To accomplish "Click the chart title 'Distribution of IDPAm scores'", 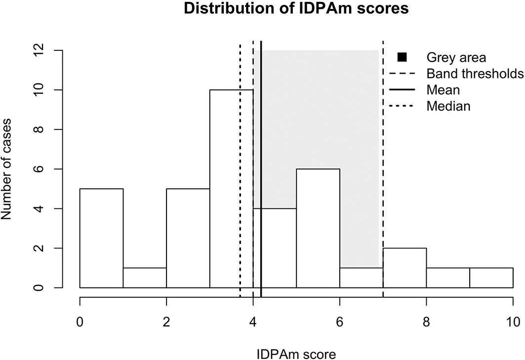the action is coord(296,8).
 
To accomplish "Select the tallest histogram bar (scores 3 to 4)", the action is coord(231,189).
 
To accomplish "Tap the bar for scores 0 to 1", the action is coord(101,238).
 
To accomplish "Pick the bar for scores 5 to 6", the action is coord(318,228).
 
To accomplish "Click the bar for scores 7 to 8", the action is coord(404,268).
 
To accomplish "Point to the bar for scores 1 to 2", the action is coord(145,278).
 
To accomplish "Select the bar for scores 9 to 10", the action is coord(491,278).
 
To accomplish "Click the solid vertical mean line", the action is coord(261,169).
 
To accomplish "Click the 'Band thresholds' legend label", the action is coord(475,74).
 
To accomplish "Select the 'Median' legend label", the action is coord(448,106).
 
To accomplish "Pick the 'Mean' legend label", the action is coord(443,90).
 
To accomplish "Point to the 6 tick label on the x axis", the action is coord(339,322).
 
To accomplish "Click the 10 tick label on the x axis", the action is coord(513,322).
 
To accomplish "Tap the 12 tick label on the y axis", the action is coord(39,50).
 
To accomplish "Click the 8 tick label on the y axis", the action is coord(39,129).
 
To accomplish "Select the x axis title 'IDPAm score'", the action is coord(296,354).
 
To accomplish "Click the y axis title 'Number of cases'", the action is coord(6,169).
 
